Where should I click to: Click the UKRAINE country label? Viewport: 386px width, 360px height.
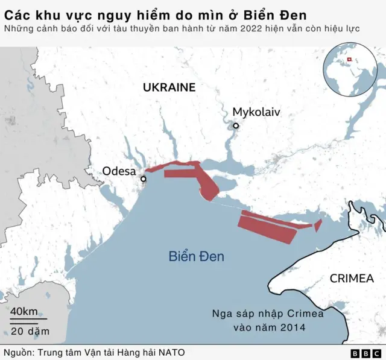pos(169,87)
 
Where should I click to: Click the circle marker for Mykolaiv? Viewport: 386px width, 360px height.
pos(236,126)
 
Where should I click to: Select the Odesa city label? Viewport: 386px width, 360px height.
pos(119,171)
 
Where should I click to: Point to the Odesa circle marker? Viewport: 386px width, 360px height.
pos(144,179)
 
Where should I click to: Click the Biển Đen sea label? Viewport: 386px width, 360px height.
pos(196,256)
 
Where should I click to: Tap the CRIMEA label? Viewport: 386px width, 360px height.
pos(352,278)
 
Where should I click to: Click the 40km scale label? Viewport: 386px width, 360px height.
pos(24,312)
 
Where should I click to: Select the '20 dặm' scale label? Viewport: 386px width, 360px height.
pos(30,331)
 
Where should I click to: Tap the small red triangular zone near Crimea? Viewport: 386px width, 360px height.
pos(318,224)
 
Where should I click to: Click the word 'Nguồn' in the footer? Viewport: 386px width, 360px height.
pos(17,352)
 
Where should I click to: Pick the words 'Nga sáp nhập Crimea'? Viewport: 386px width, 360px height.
pos(268,314)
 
